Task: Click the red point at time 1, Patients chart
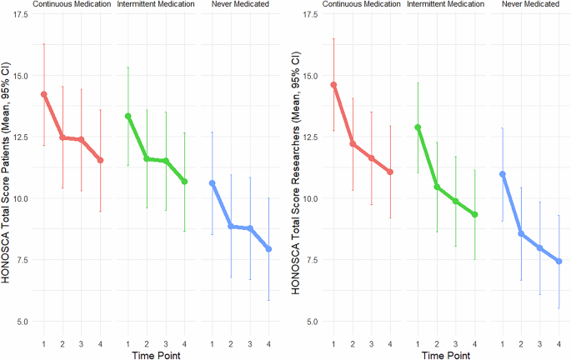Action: (43, 94)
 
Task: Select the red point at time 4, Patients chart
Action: (100, 160)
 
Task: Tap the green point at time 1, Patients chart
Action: (128, 116)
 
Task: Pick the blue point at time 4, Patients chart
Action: (268, 249)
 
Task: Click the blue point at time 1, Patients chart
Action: (212, 182)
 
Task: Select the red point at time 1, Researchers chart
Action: (333, 84)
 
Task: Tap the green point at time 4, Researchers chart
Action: (474, 214)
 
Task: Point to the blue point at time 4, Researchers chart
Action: (559, 261)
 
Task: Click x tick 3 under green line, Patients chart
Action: (165, 341)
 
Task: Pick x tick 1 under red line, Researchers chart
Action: (333, 341)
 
